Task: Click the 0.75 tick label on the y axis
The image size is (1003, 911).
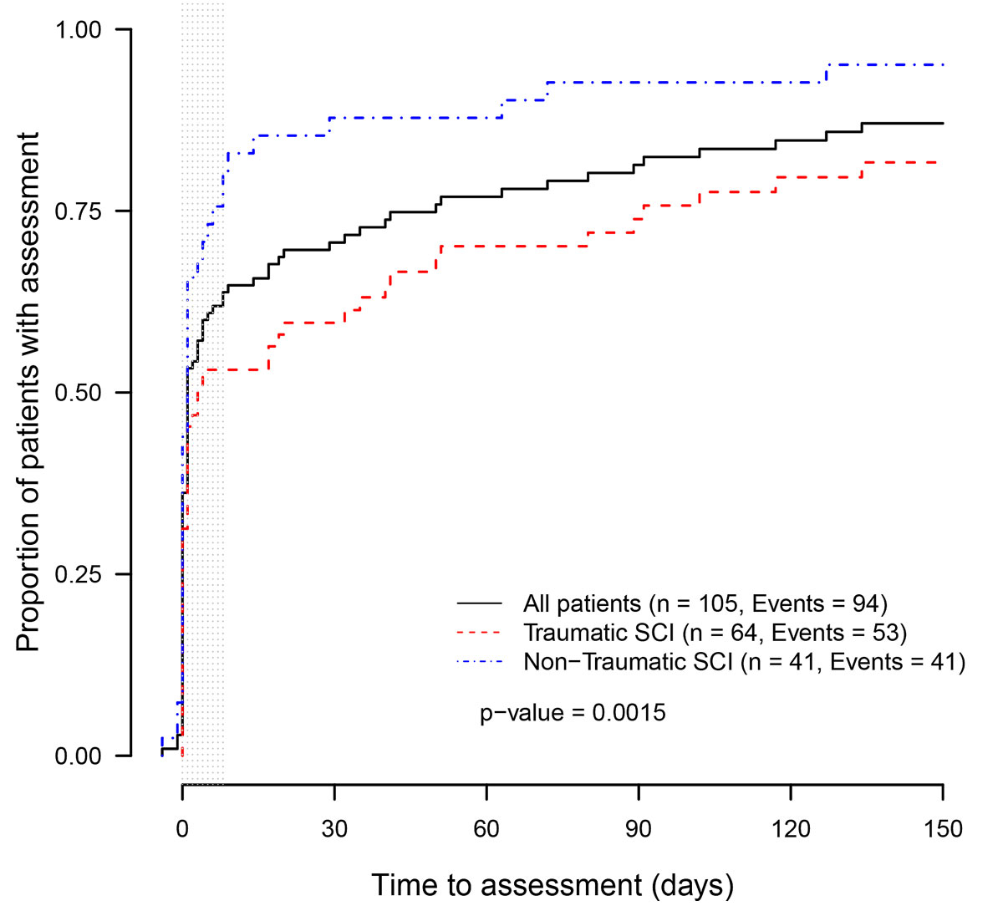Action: pyautogui.click(x=78, y=211)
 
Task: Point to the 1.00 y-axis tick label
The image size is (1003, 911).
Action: pyautogui.click(x=78, y=30)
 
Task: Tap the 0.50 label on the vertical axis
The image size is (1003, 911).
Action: pyautogui.click(x=78, y=393)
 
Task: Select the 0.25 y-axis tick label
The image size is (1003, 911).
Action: pyautogui.click(x=78, y=574)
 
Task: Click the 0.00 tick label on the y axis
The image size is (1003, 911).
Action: pyautogui.click(x=78, y=756)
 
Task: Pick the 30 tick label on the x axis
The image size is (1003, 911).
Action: pyautogui.click(x=334, y=829)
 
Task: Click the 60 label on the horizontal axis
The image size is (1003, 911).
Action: pyautogui.click(x=486, y=829)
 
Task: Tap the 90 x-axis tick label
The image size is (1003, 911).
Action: pyautogui.click(x=639, y=829)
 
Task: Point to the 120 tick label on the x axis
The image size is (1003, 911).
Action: pyautogui.click(x=791, y=829)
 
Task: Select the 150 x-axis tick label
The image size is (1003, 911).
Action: pyautogui.click(x=943, y=829)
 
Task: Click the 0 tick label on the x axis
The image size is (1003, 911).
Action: pyautogui.click(x=182, y=829)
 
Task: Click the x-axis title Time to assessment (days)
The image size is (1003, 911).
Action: pyautogui.click(x=552, y=885)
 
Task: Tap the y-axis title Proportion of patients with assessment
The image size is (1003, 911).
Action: pyautogui.click(x=28, y=392)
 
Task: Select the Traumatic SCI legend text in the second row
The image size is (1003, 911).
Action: pyautogui.click(x=715, y=633)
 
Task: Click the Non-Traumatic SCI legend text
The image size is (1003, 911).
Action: pyautogui.click(x=744, y=662)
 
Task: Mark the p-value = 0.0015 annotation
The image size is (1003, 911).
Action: pyautogui.click(x=573, y=713)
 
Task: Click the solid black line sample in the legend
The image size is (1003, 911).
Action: pyautogui.click(x=480, y=603)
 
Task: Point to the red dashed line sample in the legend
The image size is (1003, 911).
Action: pyautogui.click(x=480, y=633)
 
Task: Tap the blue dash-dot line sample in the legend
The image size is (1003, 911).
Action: pyautogui.click(x=480, y=662)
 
